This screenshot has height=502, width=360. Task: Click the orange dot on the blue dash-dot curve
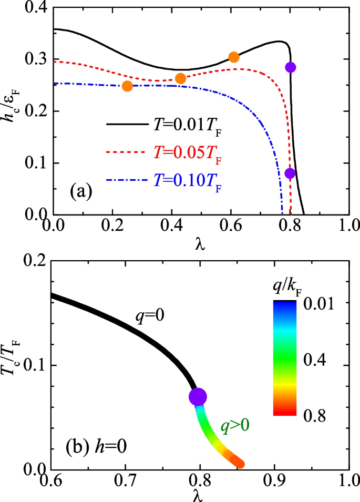(x=127, y=86)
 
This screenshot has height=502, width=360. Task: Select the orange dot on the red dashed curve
(x=180, y=78)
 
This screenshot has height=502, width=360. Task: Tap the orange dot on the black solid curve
(x=234, y=57)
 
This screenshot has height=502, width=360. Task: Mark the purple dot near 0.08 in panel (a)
(x=290, y=173)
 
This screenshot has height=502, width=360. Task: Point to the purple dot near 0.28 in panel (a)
(x=291, y=67)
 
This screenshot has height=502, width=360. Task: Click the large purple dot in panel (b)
(x=198, y=397)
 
